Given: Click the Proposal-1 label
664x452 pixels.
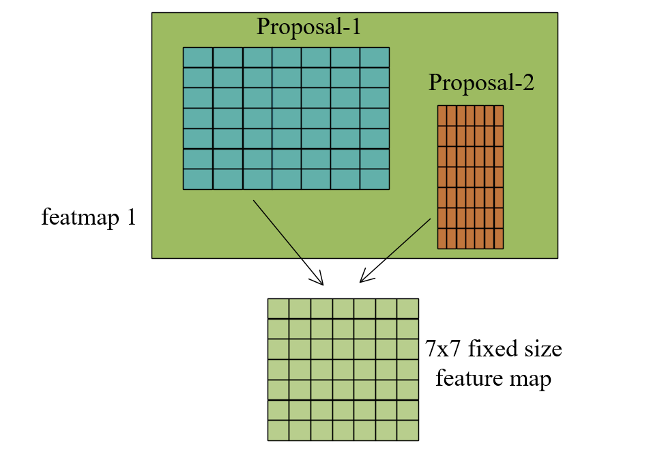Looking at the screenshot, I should point(308,27).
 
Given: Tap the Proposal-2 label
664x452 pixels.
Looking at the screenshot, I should point(481,83).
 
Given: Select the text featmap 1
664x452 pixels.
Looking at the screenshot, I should point(89,218).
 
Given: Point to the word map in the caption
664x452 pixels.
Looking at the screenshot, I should point(531,378).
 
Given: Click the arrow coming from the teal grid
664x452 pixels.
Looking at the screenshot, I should point(287,242).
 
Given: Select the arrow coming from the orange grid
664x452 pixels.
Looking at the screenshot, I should point(396,249).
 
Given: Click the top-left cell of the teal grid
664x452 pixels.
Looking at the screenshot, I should point(198,57).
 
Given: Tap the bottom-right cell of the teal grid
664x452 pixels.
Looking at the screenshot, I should point(374,179).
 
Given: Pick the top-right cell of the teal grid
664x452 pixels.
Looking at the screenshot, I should point(374,57).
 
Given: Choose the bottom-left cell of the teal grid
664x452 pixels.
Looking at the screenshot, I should point(198,179).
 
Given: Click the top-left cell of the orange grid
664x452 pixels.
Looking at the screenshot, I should point(442,115).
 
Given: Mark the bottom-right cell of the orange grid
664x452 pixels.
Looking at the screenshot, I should point(499,238).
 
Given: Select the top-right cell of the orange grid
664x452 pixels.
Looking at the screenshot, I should point(499,115).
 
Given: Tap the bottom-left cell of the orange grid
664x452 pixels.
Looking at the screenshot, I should point(442,238).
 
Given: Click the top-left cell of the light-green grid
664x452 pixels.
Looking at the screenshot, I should point(278,309).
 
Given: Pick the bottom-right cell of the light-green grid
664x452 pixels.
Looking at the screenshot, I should point(407,430).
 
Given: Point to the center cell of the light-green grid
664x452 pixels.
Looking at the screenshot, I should point(343,369).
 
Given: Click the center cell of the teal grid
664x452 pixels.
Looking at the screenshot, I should point(286,118).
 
